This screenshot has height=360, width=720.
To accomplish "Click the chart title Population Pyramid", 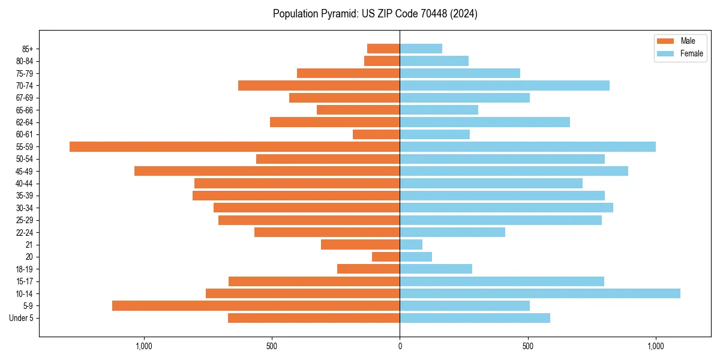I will [375, 14].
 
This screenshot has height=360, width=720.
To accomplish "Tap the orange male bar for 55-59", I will [235, 147].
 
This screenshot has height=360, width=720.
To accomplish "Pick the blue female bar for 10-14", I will [540, 293].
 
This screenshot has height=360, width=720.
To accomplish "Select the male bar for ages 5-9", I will [256, 305].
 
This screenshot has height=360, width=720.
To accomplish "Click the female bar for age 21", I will [411, 245].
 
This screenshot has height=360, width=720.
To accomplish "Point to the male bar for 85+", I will [383, 49].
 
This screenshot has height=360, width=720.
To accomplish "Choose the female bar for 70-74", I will [505, 86].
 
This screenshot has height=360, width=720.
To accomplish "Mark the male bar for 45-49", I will [267, 171].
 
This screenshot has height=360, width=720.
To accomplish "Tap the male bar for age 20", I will [386, 257].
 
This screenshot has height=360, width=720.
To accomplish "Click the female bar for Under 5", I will [475, 318].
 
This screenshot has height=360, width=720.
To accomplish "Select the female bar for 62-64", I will [485, 122].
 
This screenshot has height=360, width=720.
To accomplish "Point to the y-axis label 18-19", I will [25, 269].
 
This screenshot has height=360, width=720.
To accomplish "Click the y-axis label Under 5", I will [21, 318].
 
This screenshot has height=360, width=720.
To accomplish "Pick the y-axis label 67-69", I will [25, 98].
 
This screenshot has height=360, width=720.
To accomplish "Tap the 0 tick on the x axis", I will [400, 346].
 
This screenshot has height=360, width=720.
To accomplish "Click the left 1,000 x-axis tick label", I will [143, 346].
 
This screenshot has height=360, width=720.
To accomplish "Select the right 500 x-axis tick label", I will [527, 346].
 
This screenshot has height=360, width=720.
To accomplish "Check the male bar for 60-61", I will [376, 134].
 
